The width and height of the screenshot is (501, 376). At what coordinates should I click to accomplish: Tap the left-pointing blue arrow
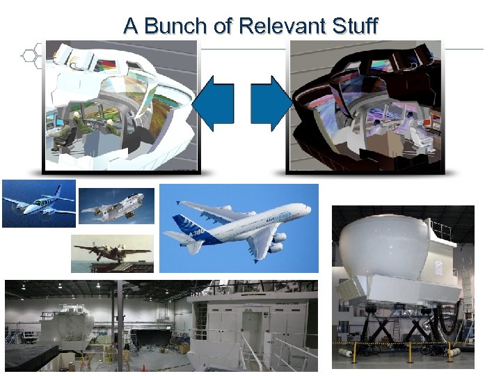tap(213, 104)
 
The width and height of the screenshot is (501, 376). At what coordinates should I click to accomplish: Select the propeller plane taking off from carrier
tap(111, 251)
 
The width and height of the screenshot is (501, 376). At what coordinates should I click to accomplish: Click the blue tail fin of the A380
tap(185, 226)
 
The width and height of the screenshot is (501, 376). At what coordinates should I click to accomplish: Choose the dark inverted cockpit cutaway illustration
tap(365, 104)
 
